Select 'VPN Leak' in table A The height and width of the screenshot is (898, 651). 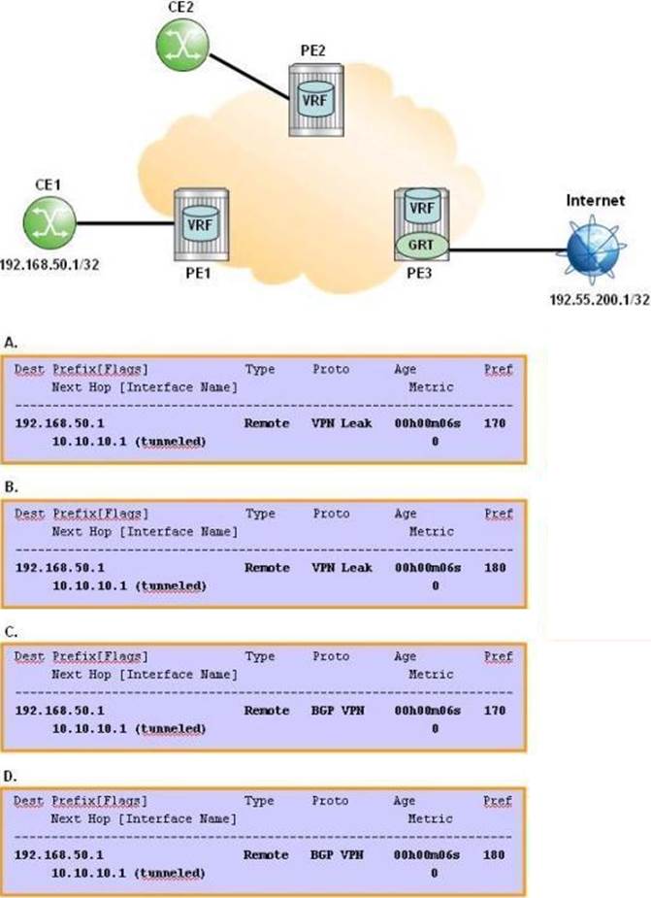[342, 423]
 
